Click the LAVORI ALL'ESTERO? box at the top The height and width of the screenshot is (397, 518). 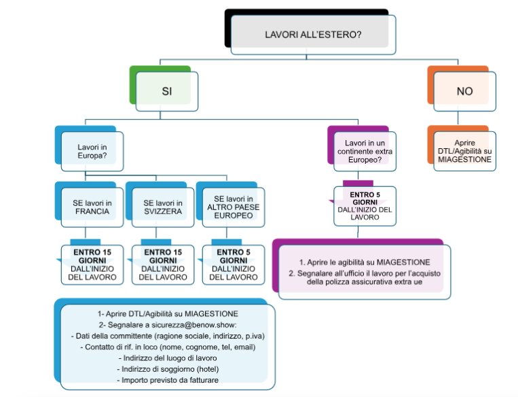(312, 33)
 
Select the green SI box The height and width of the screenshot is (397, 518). (167, 90)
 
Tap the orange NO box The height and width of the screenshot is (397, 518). (464, 90)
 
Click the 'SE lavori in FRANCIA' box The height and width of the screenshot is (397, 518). (92, 207)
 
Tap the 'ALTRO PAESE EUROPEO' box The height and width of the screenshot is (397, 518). (232, 207)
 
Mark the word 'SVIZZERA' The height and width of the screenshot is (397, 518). (163, 211)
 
